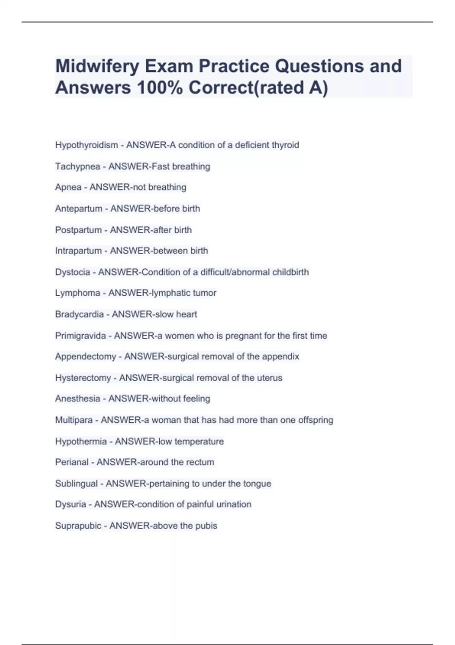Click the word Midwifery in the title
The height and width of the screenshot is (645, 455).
pyautogui.click(x=97, y=66)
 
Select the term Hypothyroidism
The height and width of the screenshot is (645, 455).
pyautogui.click(x=86, y=145)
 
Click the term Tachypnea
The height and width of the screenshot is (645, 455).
pyautogui.click(x=77, y=166)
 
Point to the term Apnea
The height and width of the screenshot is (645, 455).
pyautogui.click(x=68, y=187)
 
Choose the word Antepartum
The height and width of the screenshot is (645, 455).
pyautogui.click(x=78, y=208)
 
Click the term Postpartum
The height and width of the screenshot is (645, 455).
pyautogui.click(x=78, y=230)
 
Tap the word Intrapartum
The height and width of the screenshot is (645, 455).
pyautogui.click(x=78, y=251)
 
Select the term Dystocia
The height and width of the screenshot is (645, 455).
pyautogui.click(x=72, y=272)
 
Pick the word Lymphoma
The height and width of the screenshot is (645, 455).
pyautogui.click(x=77, y=293)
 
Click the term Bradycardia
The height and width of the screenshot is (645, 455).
pyautogui.click(x=79, y=314)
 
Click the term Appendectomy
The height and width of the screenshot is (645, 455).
pyautogui.click(x=85, y=357)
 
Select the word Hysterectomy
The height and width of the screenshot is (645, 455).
pyautogui.click(x=83, y=378)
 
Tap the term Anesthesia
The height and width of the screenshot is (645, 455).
pyautogui.click(x=77, y=399)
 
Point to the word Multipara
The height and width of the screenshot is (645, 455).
pyautogui.click(x=74, y=420)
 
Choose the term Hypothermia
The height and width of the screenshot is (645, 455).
pyautogui.click(x=81, y=441)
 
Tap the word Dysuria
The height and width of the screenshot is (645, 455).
pyautogui.click(x=71, y=504)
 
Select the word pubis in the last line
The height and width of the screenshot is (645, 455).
pyautogui.click(x=206, y=526)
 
